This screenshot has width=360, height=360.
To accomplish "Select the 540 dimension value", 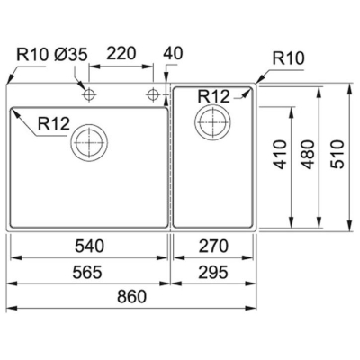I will pyautogui.click(x=88, y=245).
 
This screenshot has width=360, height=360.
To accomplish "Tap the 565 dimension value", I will pyautogui.click(x=88, y=271).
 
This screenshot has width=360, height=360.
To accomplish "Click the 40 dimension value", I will pyautogui.click(x=174, y=54).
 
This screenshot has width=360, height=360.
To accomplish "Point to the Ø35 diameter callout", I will pyautogui.click(x=71, y=54).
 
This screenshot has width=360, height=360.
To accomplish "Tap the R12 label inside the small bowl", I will pyautogui.click(x=214, y=95).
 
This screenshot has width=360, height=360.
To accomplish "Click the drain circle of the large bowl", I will pyautogui.click(x=90, y=140).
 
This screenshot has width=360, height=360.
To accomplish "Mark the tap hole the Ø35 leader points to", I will pyautogui.click(x=90, y=94).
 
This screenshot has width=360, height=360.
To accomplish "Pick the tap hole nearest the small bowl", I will pyautogui.click(x=154, y=94).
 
